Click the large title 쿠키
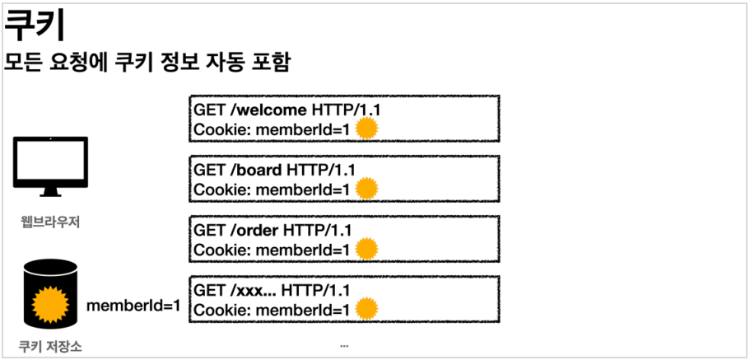tap(35, 27)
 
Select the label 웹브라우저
tap(50, 221)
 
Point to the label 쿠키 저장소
tap(50, 347)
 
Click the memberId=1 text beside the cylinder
tap(133, 306)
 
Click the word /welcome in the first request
tap(268, 110)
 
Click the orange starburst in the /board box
tap(366, 189)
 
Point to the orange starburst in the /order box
tap(366, 248)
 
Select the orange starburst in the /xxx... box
tap(366, 309)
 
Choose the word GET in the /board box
tap(208, 171)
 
